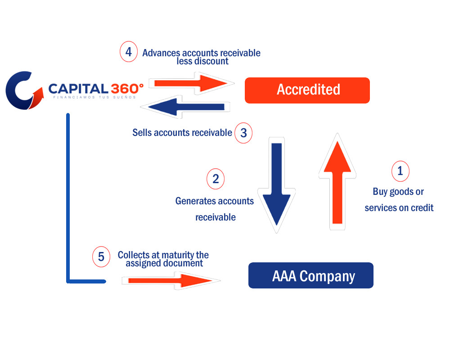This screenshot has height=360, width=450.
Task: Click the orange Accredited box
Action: [307, 90]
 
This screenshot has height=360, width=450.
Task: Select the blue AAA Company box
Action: [311, 275]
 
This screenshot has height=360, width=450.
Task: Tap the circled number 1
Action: [400, 171]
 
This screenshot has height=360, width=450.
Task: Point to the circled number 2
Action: [216, 179]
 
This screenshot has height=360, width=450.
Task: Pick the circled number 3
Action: [243, 133]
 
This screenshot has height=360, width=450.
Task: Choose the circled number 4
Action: [129, 52]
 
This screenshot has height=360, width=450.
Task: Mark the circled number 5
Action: [101, 257]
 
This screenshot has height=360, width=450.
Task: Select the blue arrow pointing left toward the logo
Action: [184, 107]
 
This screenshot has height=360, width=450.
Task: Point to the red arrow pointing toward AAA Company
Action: [170, 281]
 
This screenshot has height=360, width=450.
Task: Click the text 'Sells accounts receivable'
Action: [182, 133]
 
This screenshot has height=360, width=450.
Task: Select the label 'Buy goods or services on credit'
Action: [399, 200]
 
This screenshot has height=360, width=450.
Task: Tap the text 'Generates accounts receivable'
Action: [215, 209]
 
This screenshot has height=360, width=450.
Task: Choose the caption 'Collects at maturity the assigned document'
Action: [163, 259]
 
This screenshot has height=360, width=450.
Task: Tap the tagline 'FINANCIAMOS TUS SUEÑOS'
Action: [94, 97]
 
